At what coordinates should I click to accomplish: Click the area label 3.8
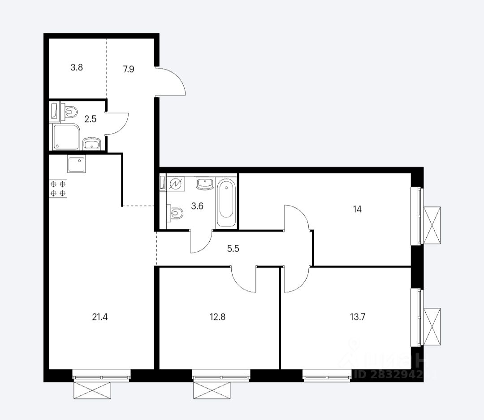click(77, 68)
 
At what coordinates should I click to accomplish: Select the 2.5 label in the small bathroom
click(90, 119)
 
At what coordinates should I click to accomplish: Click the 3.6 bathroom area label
click(197, 206)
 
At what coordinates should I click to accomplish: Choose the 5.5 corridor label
click(233, 248)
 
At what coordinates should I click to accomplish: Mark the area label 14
click(357, 209)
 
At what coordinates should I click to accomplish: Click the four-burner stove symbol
click(58, 188)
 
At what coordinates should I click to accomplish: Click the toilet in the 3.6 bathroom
click(175, 213)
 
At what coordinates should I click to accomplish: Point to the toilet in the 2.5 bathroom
click(70, 111)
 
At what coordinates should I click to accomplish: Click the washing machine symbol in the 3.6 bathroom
click(175, 184)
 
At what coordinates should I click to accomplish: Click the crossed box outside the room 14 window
click(432, 225)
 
